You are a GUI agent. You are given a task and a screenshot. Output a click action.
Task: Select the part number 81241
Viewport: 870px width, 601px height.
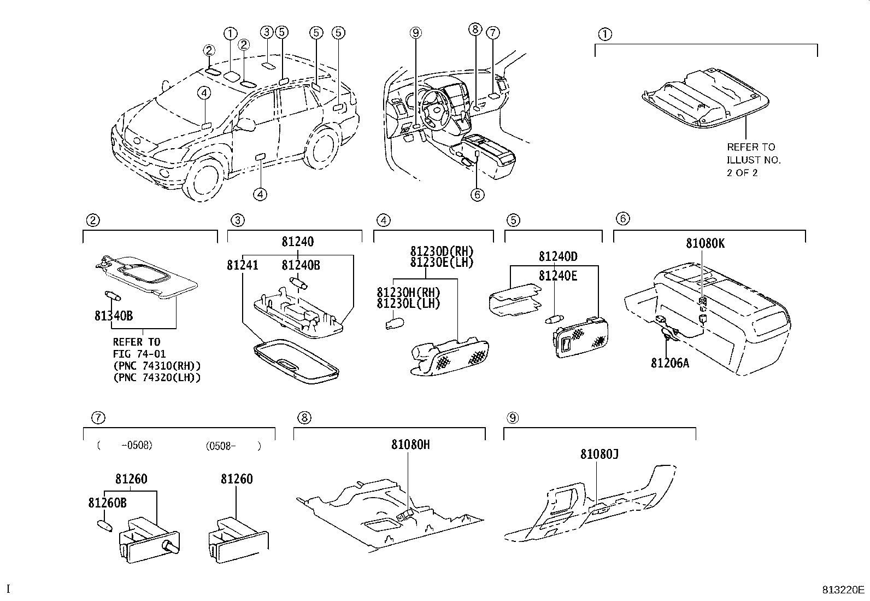point(243,265)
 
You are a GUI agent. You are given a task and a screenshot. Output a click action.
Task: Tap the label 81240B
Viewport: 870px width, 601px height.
point(301,265)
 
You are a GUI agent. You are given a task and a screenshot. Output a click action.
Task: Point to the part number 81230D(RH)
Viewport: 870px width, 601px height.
point(442,252)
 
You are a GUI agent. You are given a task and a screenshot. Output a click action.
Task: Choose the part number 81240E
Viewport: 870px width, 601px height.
point(557,276)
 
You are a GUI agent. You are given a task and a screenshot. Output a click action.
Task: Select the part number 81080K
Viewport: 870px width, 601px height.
point(706,244)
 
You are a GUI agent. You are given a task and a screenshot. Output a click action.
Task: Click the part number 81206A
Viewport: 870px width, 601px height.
point(669,362)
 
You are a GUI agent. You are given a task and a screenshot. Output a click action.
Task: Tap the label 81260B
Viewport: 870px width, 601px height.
point(108,503)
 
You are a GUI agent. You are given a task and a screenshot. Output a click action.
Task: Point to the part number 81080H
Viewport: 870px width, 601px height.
point(410,445)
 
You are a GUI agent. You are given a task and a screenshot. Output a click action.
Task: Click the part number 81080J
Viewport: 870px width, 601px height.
point(599,454)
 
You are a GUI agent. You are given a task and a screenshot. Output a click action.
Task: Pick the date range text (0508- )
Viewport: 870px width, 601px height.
point(233,446)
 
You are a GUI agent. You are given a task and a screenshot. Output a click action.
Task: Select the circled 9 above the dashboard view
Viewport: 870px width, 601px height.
point(416,33)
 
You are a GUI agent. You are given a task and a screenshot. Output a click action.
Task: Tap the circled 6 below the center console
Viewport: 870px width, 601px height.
point(477,194)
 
